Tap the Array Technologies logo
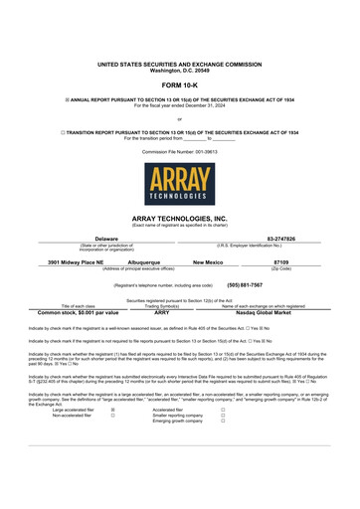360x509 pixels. [x=180, y=184]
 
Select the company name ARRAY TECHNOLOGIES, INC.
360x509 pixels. [x=180, y=217]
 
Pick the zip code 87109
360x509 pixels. [x=280, y=262]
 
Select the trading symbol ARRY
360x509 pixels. [x=163, y=312]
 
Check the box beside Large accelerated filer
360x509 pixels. [x=112, y=408]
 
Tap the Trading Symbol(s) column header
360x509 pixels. [x=163, y=305]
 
